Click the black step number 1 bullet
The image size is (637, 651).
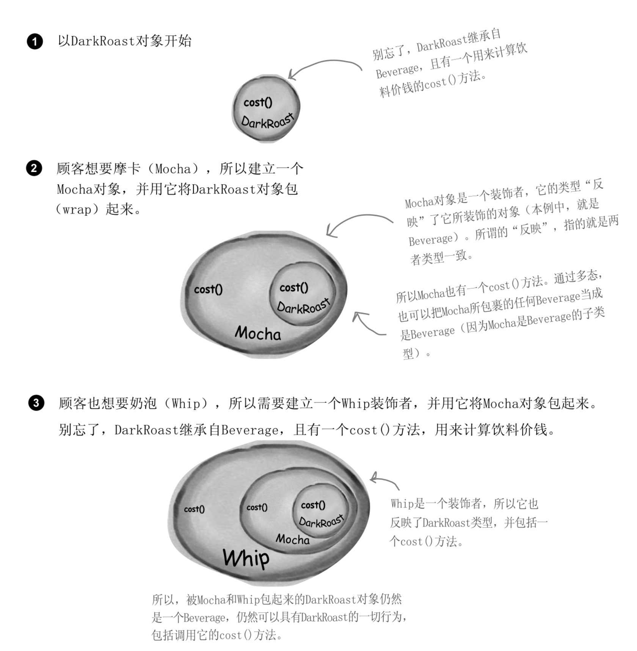(x=35, y=41)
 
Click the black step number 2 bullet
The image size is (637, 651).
(x=34, y=168)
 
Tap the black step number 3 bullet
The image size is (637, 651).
(x=36, y=403)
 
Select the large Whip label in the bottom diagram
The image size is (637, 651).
(x=246, y=558)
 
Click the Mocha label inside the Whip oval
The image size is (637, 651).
(x=292, y=539)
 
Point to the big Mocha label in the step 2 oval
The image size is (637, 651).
(x=258, y=333)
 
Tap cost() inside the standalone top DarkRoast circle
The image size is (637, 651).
(x=258, y=102)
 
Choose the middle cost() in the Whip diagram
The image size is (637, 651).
(x=257, y=507)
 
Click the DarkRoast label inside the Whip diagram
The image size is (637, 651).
(x=321, y=521)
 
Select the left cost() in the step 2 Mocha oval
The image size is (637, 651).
(x=208, y=290)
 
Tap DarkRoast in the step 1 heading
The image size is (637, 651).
(x=103, y=41)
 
